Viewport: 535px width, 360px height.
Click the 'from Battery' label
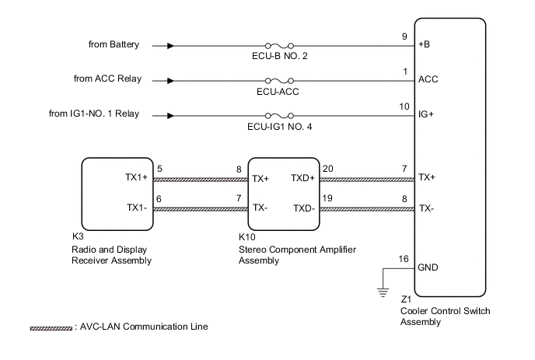tap(114, 44)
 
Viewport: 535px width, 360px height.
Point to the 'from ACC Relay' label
tap(114, 79)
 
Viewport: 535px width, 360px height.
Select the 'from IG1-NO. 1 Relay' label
tap(94, 114)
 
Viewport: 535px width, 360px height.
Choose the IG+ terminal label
tap(427, 114)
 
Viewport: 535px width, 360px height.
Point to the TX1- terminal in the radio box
tap(138, 208)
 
